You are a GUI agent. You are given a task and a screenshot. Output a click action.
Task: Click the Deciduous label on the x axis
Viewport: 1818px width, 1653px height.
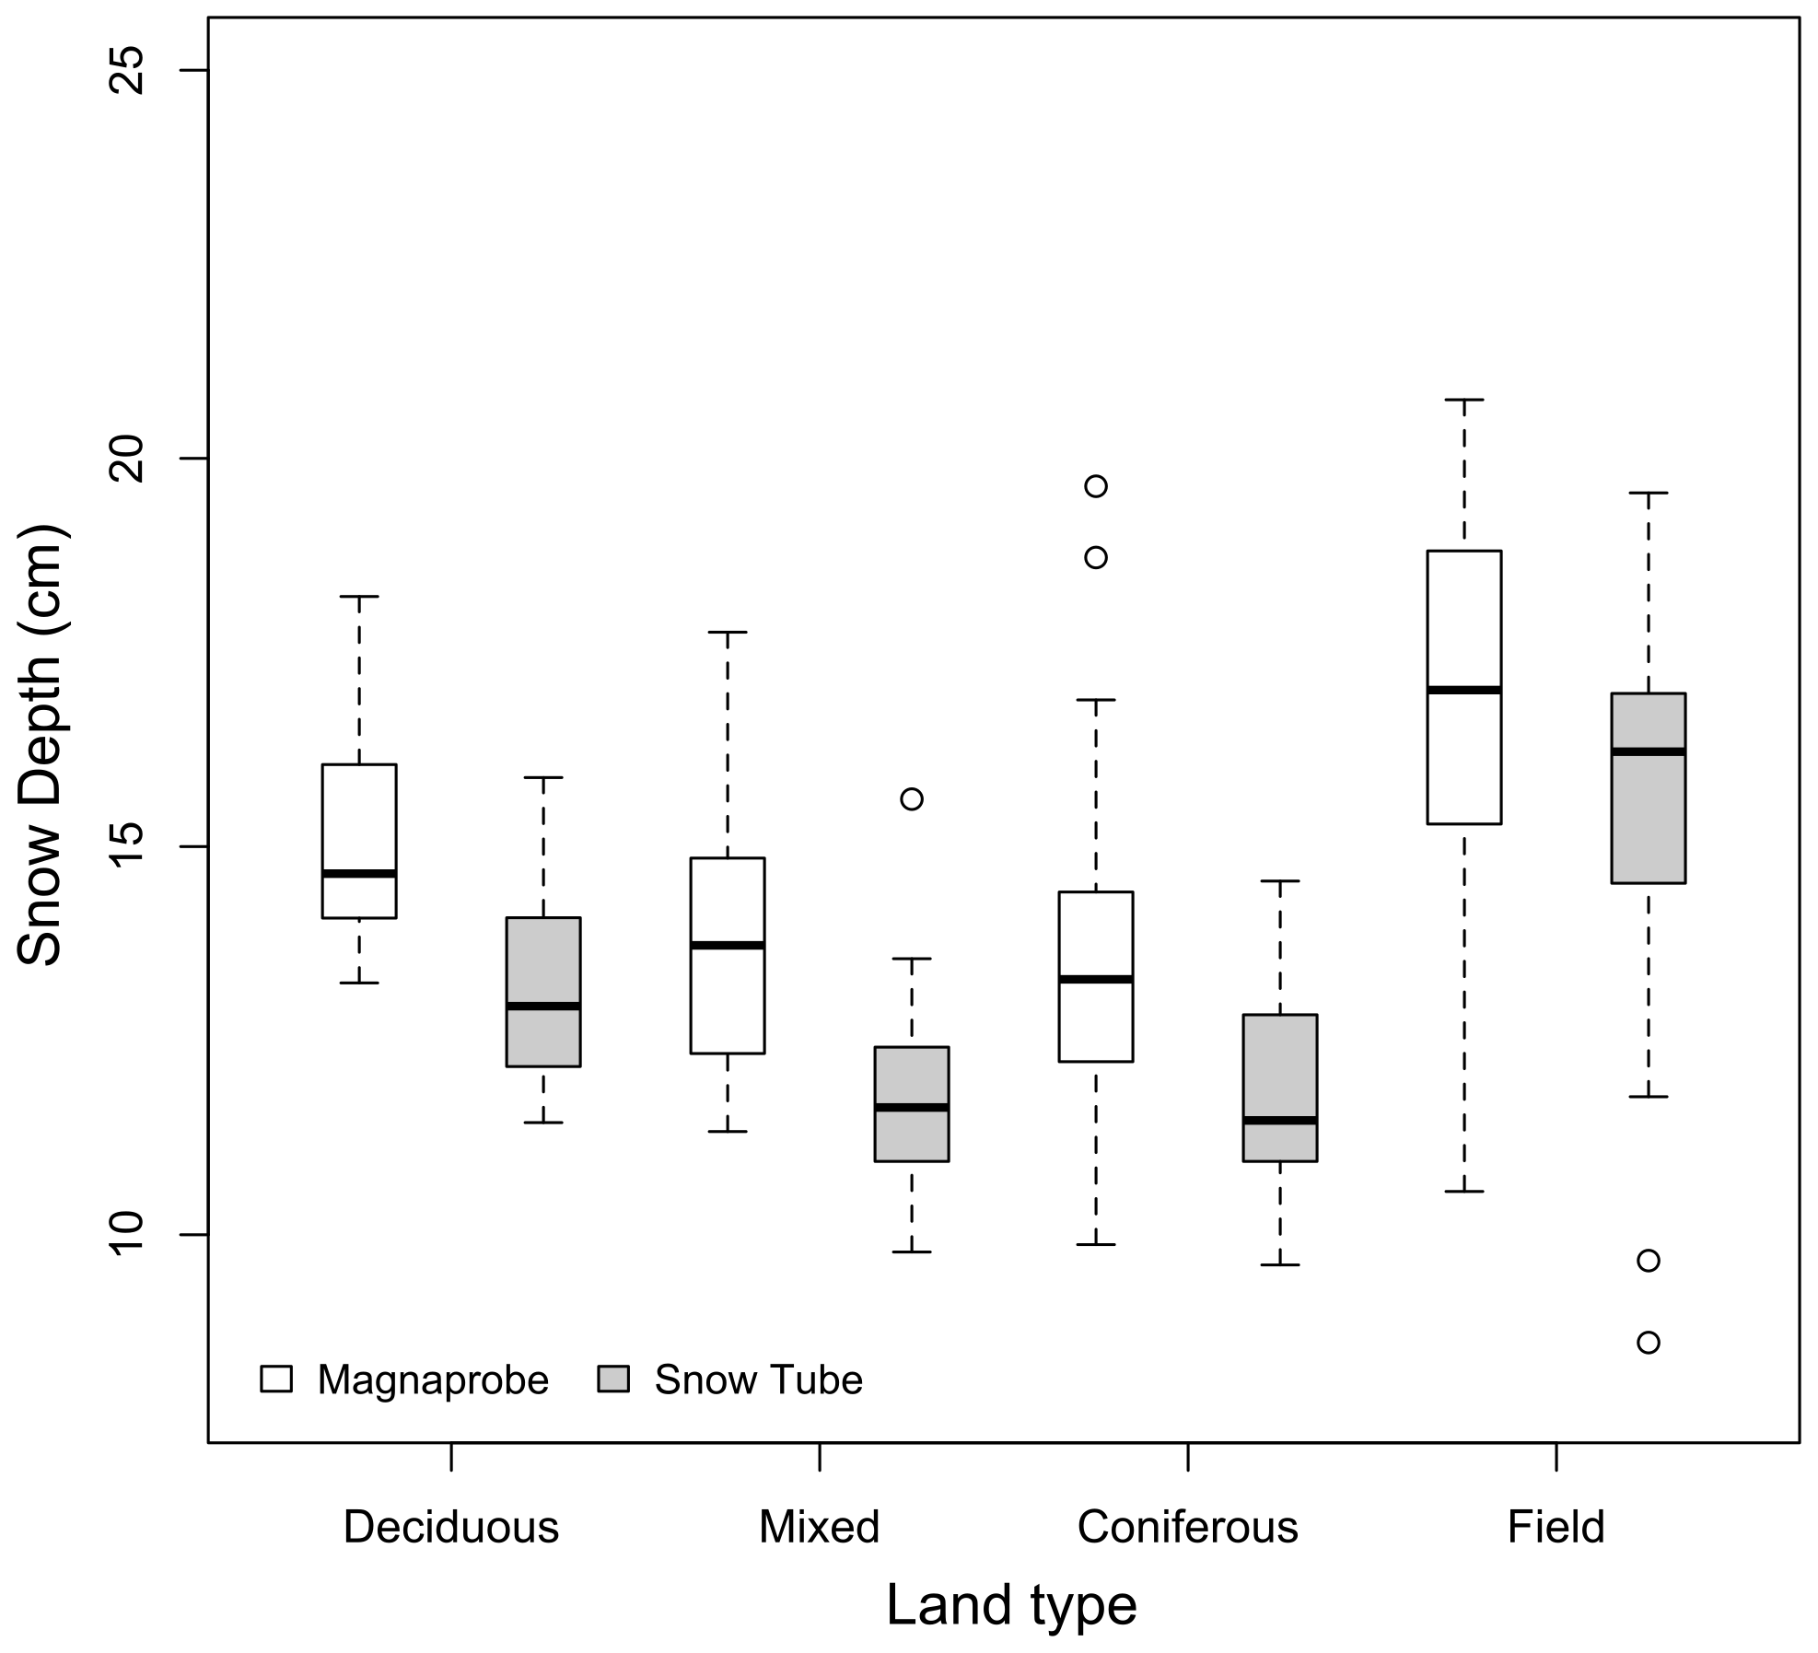tap(450, 1528)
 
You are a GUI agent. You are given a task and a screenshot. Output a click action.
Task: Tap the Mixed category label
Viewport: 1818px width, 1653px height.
tap(819, 1528)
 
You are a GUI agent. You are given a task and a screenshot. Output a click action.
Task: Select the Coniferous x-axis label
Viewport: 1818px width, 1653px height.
tap(1187, 1528)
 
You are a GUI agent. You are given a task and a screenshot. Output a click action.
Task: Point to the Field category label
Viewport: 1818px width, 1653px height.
tap(1556, 1528)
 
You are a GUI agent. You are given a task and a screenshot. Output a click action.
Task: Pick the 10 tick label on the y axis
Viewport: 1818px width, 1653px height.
tap(128, 1234)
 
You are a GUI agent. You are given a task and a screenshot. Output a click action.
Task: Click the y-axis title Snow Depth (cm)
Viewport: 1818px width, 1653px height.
tap(41, 745)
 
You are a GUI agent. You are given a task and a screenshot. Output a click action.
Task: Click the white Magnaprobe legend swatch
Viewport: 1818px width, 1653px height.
tap(276, 1379)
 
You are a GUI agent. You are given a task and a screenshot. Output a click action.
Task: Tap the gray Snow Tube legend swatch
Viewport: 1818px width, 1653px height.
tap(613, 1379)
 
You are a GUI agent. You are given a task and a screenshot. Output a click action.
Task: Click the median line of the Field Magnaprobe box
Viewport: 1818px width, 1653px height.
tap(1463, 689)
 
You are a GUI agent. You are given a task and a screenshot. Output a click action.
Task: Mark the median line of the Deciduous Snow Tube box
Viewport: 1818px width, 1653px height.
tap(542, 1006)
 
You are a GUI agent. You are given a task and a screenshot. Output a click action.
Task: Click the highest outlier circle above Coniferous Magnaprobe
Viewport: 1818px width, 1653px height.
tap(1095, 486)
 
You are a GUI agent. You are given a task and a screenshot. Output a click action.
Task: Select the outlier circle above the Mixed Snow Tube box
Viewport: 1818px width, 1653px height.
tap(911, 798)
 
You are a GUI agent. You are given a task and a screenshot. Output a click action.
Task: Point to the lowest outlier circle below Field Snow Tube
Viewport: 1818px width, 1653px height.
tap(1648, 1343)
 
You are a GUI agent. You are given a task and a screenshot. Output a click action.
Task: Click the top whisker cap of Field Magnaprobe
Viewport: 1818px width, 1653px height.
tap(1463, 400)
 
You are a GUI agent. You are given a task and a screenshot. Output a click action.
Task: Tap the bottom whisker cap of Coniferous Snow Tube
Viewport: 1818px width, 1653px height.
tap(1279, 1264)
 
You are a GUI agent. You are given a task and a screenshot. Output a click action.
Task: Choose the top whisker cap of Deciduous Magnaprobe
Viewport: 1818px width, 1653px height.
tap(358, 597)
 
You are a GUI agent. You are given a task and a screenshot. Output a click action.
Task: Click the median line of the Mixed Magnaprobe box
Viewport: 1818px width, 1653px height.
tap(727, 945)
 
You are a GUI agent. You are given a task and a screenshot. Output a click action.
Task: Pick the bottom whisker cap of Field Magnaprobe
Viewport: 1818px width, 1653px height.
tap(1463, 1191)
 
